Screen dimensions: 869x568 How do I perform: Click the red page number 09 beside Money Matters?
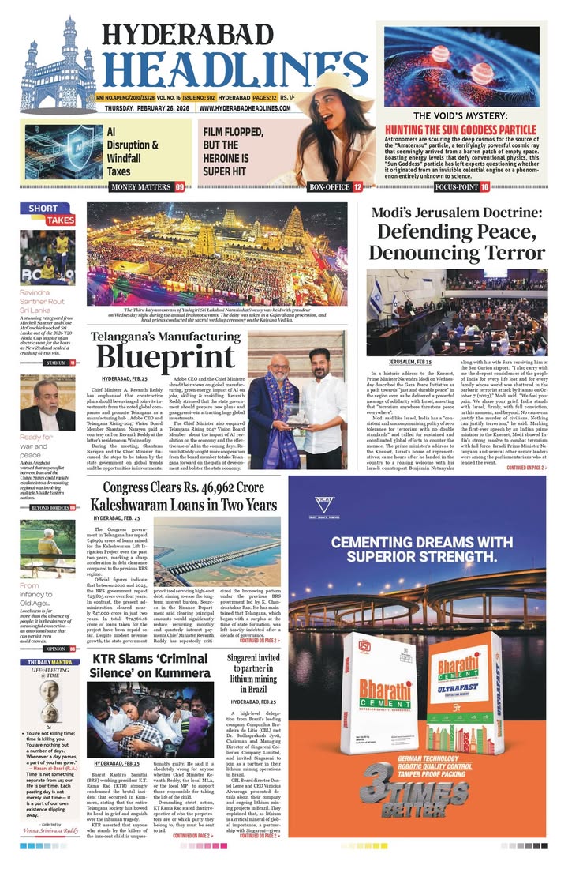point(180,187)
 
